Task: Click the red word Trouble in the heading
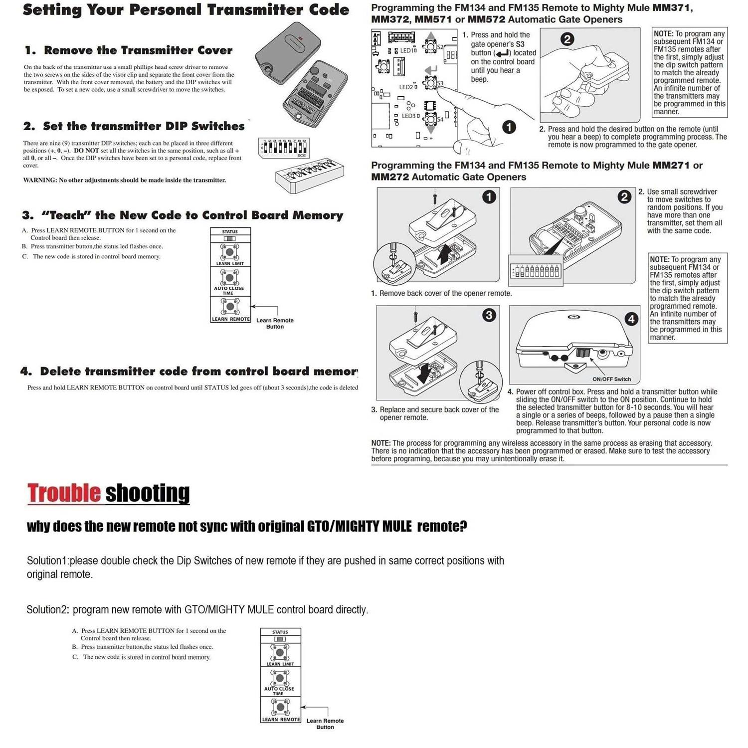(64, 493)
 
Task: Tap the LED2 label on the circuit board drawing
(406, 87)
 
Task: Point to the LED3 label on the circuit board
(409, 116)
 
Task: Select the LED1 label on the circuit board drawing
(408, 50)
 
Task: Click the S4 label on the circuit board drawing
(440, 120)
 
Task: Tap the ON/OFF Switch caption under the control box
(611, 379)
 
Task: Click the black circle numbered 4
(631, 319)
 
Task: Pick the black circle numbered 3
(489, 315)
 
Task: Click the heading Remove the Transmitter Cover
(138, 50)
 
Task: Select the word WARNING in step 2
(39, 180)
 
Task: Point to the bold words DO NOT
(86, 151)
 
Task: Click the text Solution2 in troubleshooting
(47, 609)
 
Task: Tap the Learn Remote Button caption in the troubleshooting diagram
(325, 724)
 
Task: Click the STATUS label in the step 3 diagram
(230, 232)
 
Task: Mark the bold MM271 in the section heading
(671, 166)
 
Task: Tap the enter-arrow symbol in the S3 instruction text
(502, 53)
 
